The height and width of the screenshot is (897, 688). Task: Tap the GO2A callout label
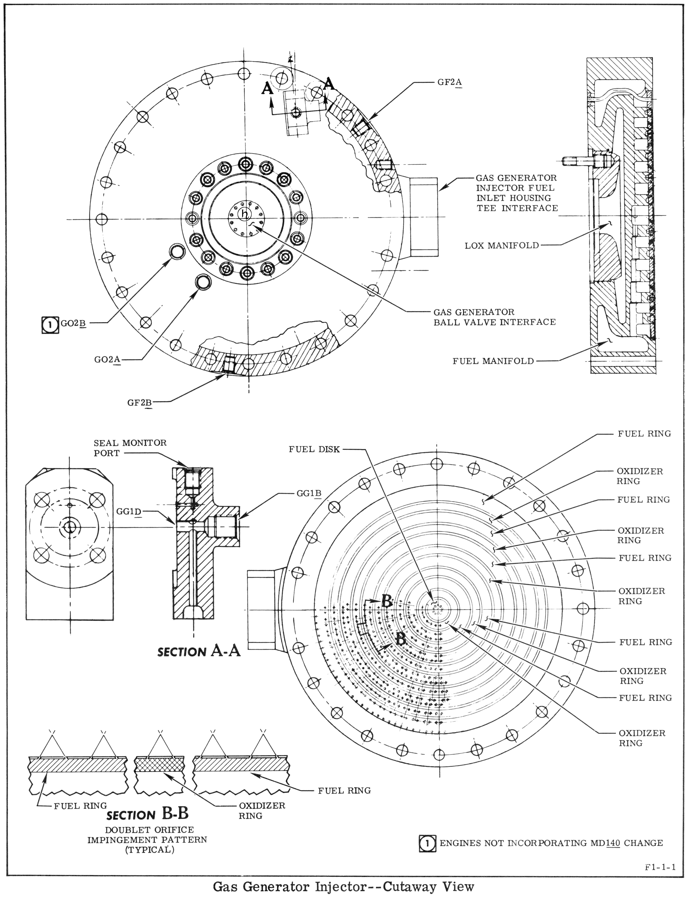107,359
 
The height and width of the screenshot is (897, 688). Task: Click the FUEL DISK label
314,449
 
